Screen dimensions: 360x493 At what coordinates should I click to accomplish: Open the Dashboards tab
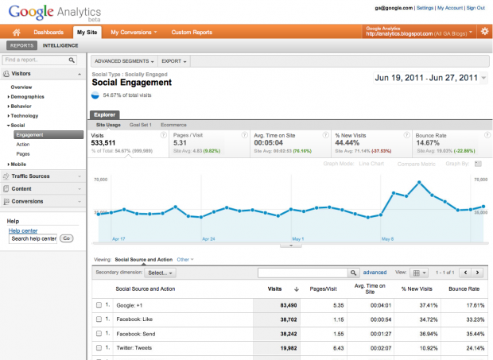49,33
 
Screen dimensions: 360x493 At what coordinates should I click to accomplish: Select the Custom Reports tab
192,33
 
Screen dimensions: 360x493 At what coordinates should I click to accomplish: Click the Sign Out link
475,7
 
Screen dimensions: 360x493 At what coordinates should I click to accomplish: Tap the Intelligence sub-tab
60,45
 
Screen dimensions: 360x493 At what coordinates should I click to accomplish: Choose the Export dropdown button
173,60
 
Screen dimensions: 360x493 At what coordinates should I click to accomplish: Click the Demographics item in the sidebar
27,96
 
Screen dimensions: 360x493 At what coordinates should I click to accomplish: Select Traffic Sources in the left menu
30,176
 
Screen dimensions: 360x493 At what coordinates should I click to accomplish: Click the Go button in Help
67,238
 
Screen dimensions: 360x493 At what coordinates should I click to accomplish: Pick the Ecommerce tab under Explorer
173,125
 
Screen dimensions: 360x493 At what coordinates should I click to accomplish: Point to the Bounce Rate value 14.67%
429,143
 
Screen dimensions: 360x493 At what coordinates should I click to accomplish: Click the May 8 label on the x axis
387,238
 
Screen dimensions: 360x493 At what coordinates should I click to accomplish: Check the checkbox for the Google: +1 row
99,305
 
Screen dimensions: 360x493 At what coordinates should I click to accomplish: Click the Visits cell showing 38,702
282,319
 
